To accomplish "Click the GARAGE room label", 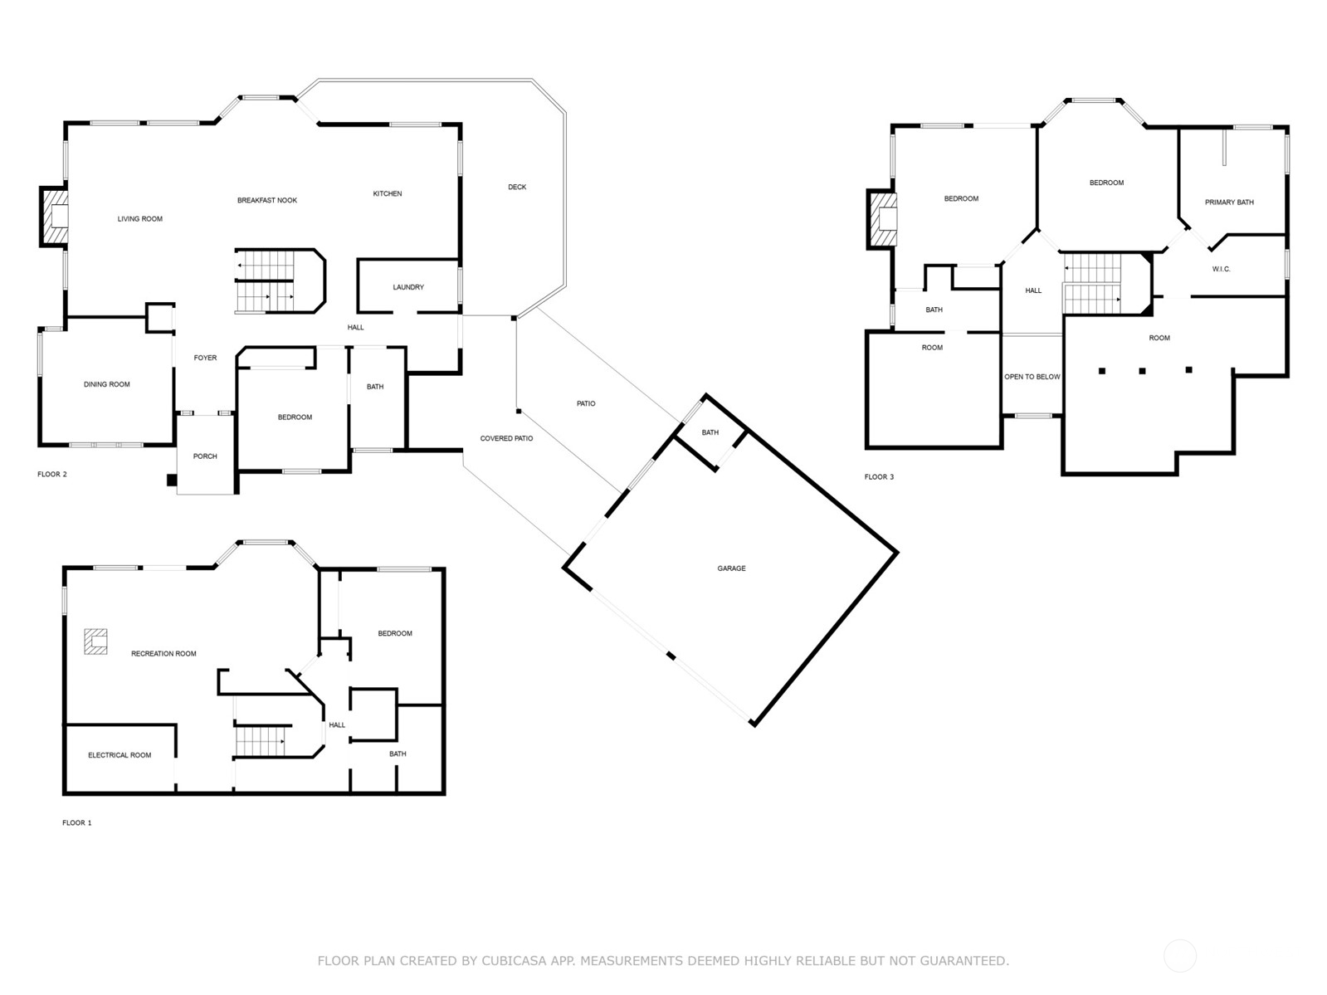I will (731, 568).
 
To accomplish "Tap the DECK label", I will (517, 187).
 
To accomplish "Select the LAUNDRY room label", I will (408, 287).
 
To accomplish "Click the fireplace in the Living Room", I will (56, 217).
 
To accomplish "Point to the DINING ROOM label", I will (107, 384).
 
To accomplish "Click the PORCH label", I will (205, 456).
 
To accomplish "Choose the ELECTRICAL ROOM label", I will (120, 755).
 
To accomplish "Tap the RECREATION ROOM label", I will (163, 654).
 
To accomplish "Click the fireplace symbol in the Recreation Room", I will (95, 641).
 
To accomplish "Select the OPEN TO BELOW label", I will (1032, 377).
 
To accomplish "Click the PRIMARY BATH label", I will (1229, 202).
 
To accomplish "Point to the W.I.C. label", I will (1221, 269).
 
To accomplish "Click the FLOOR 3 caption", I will (879, 477).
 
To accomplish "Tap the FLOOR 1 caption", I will (76, 823).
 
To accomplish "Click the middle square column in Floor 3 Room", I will (1142, 371).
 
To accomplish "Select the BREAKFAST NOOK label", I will (266, 200).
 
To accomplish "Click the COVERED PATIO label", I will (506, 438).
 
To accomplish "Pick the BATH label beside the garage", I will (710, 432).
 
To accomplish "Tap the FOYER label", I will (205, 358).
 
